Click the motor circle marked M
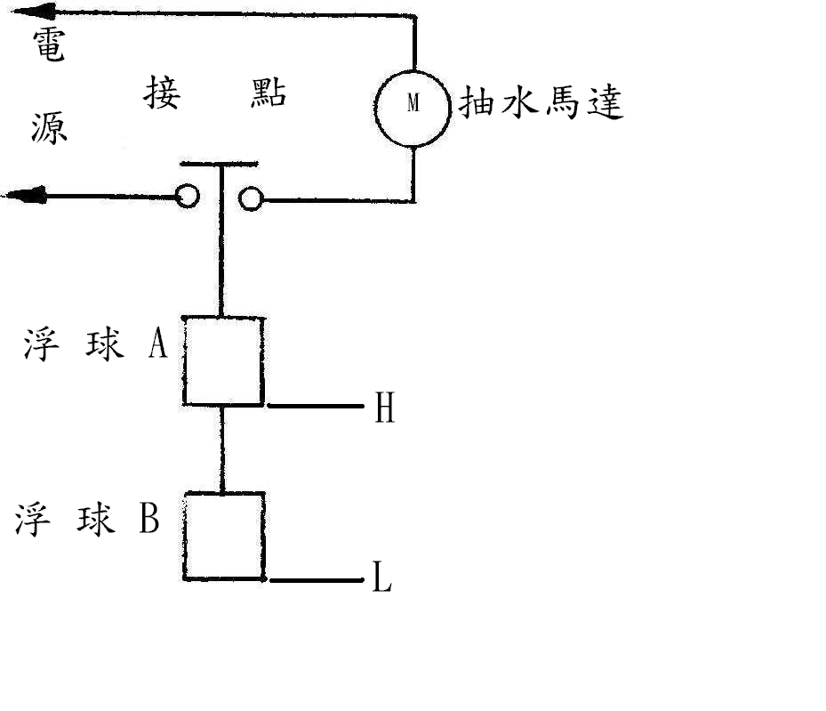[375, 108]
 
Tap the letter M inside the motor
[413, 102]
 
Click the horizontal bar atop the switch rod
[219, 164]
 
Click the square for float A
[183, 361]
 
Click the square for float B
[184, 536]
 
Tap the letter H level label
[385, 408]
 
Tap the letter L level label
[382, 577]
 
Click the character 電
[49, 44]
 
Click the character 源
[49, 128]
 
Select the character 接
[162, 93]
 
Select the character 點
[269, 93]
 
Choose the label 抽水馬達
[541, 101]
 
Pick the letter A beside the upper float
[158, 343]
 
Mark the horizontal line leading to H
[316, 406]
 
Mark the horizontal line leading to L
[317, 580]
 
